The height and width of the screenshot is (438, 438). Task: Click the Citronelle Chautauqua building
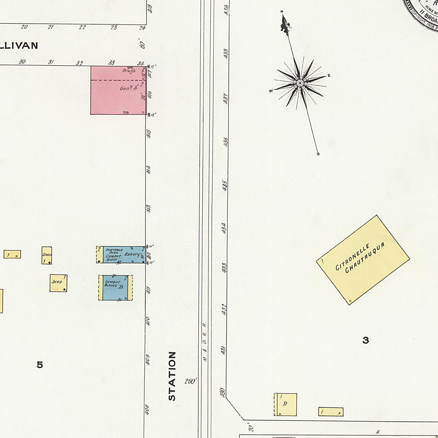click(363, 260)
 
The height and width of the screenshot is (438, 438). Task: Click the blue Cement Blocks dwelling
click(115, 288)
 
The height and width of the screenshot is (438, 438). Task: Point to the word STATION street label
click(172, 376)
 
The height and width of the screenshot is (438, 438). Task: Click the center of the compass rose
click(300, 83)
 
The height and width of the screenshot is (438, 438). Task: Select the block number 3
click(365, 341)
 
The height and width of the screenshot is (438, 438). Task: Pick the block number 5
click(40, 365)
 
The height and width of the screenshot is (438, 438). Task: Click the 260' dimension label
click(191, 381)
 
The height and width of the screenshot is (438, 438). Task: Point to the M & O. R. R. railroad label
click(205, 342)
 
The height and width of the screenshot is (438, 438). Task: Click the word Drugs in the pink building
click(129, 70)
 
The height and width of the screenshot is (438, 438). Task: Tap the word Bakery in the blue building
click(132, 254)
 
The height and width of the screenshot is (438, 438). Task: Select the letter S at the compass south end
click(318, 154)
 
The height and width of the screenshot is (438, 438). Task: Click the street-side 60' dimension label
click(142, 45)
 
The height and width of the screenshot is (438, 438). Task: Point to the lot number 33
click(112, 63)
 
